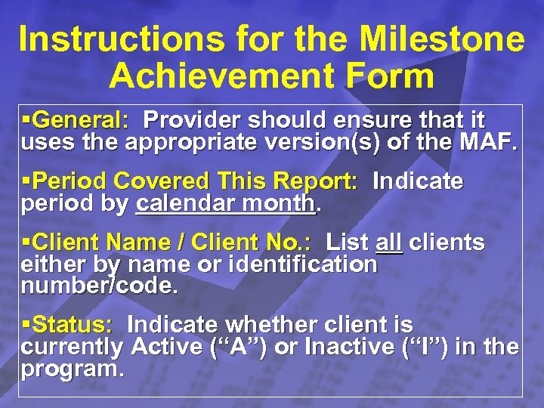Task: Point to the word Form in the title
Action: [393, 76]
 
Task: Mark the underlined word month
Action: [281, 204]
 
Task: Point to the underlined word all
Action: [388, 243]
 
